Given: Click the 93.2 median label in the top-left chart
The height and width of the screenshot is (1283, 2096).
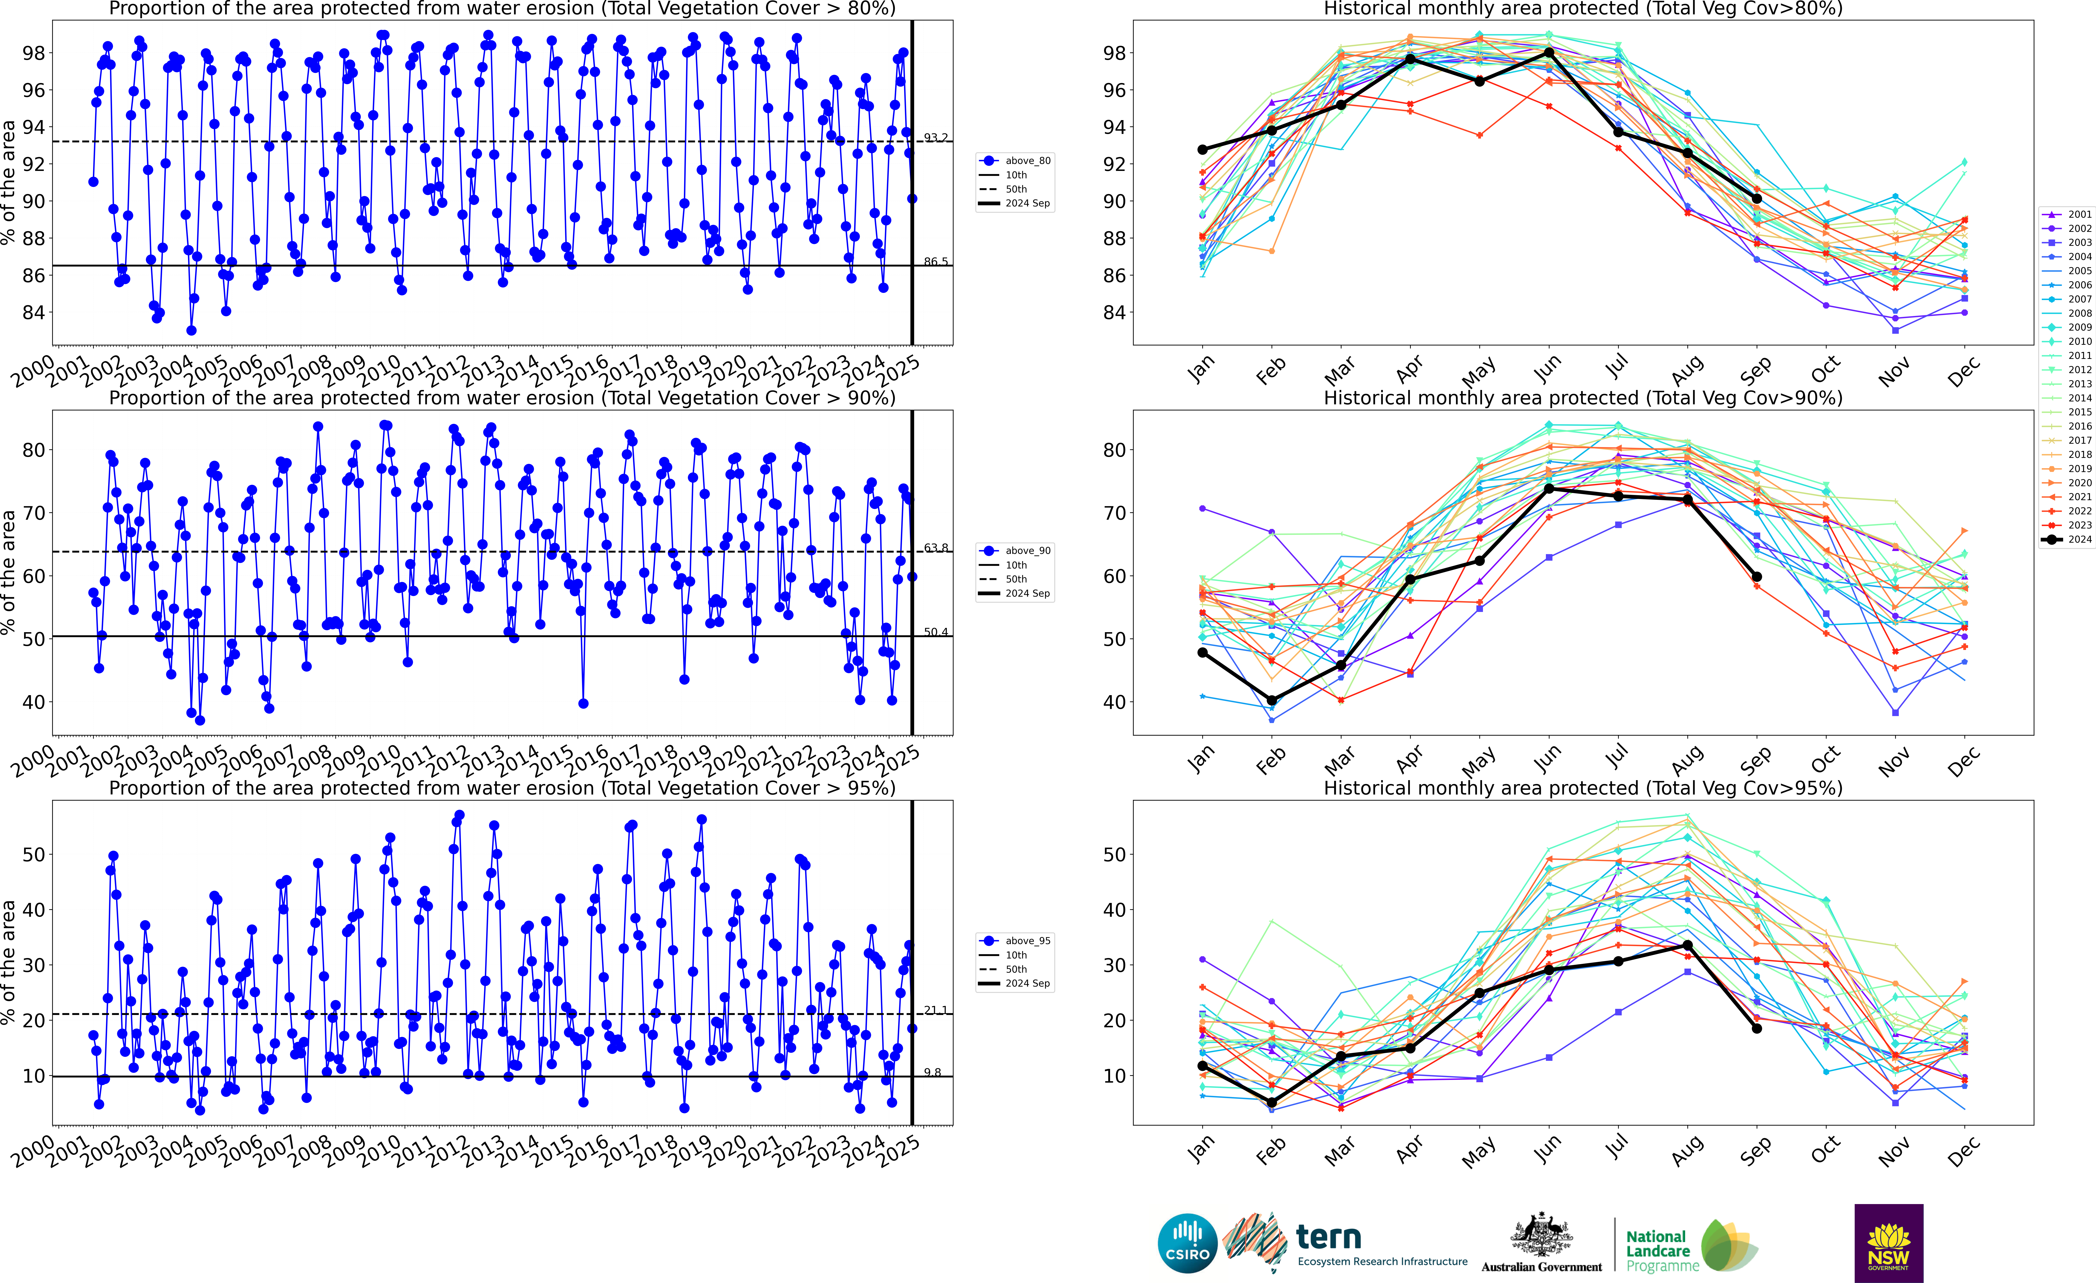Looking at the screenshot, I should pyautogui.click(x=936, y=138).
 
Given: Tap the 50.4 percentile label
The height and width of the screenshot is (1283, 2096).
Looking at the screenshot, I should pyautogui.click(x=936, y=632).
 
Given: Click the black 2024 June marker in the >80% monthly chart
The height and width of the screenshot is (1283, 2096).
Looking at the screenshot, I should pyautogui.click(x=1549, y=53).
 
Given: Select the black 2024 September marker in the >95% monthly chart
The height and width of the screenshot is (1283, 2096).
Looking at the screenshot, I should pyautogui.click(x=1757, y=1029).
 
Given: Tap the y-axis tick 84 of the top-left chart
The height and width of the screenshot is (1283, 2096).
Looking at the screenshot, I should pyautogui.click(x=34, y=312).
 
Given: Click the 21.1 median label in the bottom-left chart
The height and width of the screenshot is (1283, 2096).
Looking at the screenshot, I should pyautogui.click(x=936, y=1010).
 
